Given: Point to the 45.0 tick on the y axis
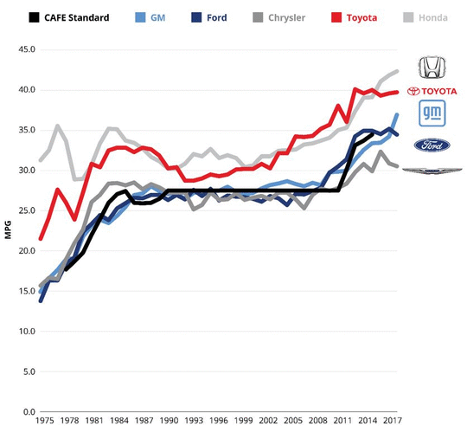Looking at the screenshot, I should [26, 50].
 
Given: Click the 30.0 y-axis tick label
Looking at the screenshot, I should [26, 171].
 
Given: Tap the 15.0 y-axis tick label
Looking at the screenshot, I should [26, 291].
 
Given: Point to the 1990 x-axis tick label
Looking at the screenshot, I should [168, 421].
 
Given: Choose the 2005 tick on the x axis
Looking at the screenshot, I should [294, 421].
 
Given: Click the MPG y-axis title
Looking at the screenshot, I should [8, 231].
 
